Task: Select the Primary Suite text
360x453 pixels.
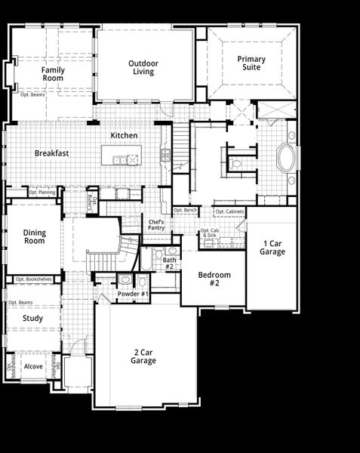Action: click(x=251, y=63)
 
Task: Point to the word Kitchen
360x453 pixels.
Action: click(x=124, y=135)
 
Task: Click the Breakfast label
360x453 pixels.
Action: click(x=51, y=153)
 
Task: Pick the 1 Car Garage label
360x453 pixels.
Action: click(x=273, y=247)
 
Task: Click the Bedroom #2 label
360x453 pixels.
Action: click(x=215, y=279)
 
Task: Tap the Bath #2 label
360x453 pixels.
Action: click(x=169, y=263)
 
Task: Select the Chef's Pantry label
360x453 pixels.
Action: click(x=156, y=225)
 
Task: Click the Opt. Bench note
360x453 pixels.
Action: click(x=185, y=210)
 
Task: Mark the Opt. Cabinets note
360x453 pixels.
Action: click(x=229, y=211)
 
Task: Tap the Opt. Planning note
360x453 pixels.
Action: click(x=42, y=193)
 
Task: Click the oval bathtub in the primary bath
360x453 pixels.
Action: click(x=286, y=159)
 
